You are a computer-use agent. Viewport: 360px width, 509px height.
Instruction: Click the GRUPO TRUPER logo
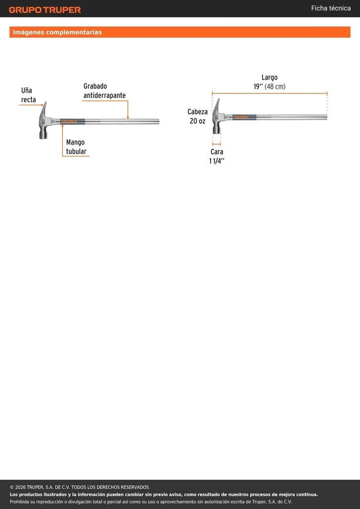coord(45,10)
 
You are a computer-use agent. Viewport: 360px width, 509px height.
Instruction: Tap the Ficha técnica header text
coord(331,8)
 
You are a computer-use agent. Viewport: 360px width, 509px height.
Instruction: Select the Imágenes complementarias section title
coord(57,32)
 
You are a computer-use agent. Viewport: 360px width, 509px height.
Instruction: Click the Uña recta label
coord(28,95)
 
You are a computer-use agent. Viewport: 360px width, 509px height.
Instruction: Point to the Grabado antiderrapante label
coord(104,91)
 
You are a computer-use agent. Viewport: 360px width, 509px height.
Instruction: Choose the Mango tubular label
coord(76,147)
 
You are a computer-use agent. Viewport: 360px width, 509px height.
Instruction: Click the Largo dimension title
coord(270,78)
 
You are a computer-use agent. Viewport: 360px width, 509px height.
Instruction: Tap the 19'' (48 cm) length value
coord(270,86)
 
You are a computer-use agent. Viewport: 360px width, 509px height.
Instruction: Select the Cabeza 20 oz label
coord(197,116)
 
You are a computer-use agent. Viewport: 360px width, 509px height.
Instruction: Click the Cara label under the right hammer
coord(217,152)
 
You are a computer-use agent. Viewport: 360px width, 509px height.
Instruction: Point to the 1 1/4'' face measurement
coord(217,161)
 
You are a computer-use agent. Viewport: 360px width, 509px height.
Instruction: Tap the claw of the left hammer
coord(44,107)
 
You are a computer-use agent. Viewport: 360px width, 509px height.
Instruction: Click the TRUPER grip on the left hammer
coord(72,121)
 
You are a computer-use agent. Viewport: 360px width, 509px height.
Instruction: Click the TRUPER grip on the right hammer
coord(244,117)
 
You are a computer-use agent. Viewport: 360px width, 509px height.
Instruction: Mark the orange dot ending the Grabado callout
coord(128,117)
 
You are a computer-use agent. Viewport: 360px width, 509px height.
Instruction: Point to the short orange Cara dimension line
coord(216,144)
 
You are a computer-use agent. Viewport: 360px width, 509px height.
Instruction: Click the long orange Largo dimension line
coord(270,93)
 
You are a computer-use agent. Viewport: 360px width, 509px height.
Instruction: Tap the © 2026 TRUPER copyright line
coord(80,487)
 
